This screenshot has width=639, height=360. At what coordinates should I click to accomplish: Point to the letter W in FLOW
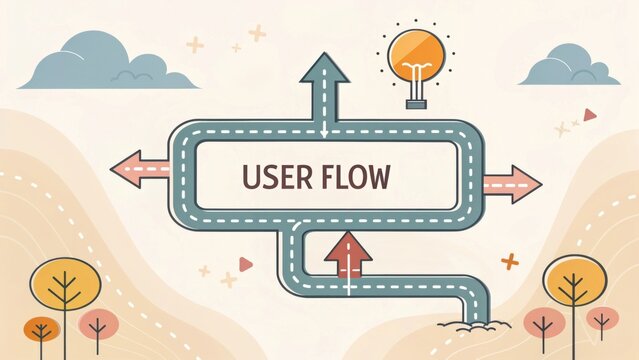click(x=380, y=178)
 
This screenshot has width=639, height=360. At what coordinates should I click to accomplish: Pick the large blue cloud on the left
click(x=100, y=62)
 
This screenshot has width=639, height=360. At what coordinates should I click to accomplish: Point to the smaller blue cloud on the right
click(x=569, y=67)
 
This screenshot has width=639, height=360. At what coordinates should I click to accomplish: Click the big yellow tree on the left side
click(x=65, y=286)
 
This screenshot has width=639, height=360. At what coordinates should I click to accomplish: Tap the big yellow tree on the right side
click(x=574, y=283)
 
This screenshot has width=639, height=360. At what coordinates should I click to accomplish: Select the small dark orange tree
click(x=41, y=329)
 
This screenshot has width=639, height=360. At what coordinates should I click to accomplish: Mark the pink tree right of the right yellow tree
click(x=602, y=320)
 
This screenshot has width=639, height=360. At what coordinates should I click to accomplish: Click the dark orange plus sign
click(x=510, y=262)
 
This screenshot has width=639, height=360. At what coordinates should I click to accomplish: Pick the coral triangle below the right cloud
click(x=590, y=115)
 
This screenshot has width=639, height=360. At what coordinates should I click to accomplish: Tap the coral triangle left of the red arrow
click(x=245, y=264)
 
